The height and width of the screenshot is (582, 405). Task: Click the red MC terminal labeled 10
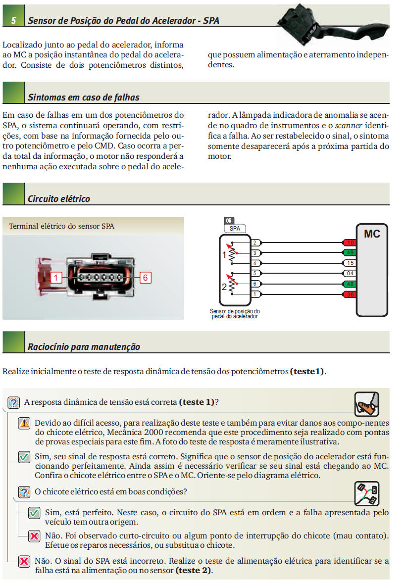coord(350,242)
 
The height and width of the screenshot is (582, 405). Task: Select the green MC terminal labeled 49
coord(350,253)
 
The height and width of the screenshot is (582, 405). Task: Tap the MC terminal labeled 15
coord(350,263)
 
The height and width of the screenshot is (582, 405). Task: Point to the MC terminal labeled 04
coord(350,273)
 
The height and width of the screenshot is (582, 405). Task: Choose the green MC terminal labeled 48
coord(350,284)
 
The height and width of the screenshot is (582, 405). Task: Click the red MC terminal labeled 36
coord(350,294)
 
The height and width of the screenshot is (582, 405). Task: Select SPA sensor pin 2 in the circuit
coord(255,242)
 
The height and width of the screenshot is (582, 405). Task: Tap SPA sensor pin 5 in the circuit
coord(255,273)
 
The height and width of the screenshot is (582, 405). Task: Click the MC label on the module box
coord(372,234)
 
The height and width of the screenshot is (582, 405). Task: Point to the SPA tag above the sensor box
coord(235,229)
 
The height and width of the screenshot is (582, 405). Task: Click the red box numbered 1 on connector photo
coord(56,278)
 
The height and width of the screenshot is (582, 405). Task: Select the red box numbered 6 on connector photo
coord(145,278)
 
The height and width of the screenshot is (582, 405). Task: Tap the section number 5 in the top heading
coord(13,21)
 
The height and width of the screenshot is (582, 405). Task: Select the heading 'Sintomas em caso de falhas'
coord(84,97)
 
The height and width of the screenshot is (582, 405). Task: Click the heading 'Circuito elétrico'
coord(59,199)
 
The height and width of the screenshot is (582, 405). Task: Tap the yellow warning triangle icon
coord(25,423)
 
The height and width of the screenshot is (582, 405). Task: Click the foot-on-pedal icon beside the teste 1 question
coord(366,404)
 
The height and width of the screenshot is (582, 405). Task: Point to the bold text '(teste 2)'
coord(194,570)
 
